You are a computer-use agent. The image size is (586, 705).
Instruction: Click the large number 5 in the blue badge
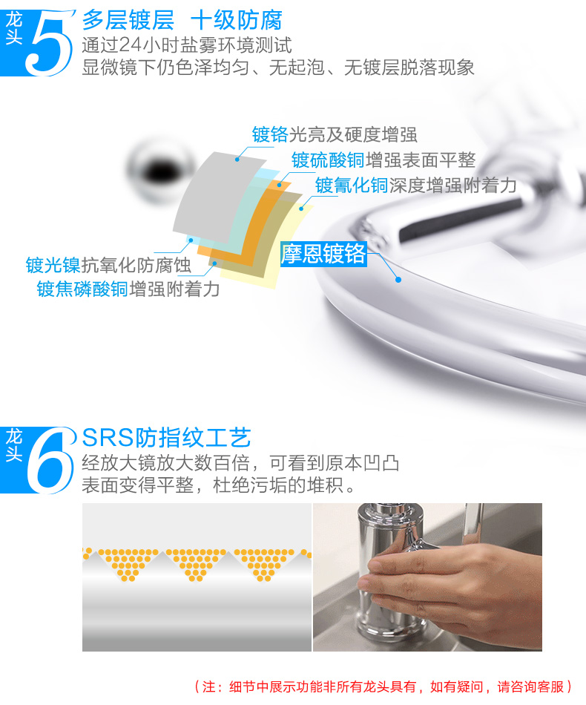pos(48,43)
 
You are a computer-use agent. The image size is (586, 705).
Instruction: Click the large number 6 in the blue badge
pos(50,461)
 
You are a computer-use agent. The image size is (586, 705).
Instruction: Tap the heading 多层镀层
pos(128,20)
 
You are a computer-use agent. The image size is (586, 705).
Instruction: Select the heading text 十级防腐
pos(237,20)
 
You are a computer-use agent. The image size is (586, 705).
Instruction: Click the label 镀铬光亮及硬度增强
pos(335,134)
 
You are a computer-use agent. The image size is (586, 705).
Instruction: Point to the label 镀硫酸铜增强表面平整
pos(383,160)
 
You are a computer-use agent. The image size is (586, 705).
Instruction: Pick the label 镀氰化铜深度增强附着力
pos(415,186)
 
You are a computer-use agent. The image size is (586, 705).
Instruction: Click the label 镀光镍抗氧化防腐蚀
pos(108,265)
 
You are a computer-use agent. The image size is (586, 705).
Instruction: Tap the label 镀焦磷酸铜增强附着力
pos(128,289)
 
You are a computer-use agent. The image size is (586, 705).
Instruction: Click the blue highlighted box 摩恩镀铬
pos(323,254)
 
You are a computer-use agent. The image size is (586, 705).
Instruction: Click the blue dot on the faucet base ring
pos(398,280)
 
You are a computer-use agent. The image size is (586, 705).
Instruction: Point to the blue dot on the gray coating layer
pos(237,160)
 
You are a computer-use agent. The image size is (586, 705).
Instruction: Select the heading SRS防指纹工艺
pos(167,438)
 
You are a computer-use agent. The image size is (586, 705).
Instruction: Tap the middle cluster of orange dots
pos(196,564)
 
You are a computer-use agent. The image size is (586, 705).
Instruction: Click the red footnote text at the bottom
pos(383,686)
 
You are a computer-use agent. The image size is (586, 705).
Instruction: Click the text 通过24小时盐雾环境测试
pos(186,45)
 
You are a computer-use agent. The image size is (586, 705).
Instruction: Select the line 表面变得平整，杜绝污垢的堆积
pos(218,485)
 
